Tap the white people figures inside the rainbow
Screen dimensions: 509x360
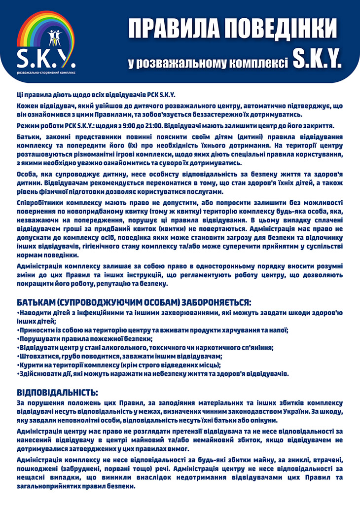[54, 37]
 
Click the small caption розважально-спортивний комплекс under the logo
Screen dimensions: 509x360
[45, 72]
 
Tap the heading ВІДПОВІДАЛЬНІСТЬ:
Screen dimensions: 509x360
[57, 393]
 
